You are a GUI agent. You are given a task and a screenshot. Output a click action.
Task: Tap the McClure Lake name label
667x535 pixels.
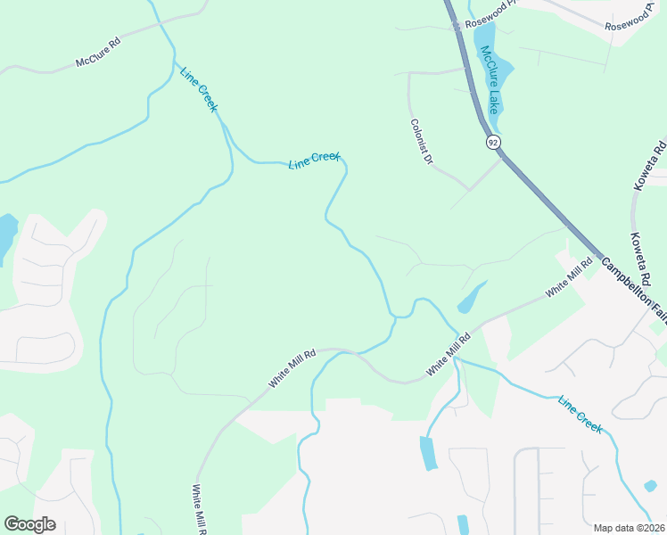[x=490, y=80]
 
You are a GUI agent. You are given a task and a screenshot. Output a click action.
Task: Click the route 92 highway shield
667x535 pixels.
[x=493, y=142]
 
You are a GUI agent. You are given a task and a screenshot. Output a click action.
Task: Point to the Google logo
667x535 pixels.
[x=29, y=524]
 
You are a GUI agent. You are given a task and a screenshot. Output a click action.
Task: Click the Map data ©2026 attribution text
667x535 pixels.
[x=630, y=528]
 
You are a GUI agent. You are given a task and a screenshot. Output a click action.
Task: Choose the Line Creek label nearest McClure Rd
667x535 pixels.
[x=199, y=89]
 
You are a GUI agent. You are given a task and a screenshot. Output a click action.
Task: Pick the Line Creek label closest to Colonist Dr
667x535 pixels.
[x=315, y=161]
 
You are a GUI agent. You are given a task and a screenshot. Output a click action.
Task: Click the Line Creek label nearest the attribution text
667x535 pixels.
[x=581, y=415]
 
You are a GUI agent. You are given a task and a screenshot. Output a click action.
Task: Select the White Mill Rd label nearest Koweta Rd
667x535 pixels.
[x=569, y=276]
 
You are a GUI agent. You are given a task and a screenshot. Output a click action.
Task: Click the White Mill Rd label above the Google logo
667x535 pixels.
[x=198, y=509]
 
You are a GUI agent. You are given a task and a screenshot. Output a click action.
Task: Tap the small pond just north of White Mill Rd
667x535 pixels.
[x=470, y=298]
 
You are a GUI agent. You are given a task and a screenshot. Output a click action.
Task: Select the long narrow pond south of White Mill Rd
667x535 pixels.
[x=428, y=453]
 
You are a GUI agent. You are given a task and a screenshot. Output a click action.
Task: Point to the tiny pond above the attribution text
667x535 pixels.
[x=650, y=486]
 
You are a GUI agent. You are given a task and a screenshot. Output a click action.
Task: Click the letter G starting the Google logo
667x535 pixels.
[x=11, y=524]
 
